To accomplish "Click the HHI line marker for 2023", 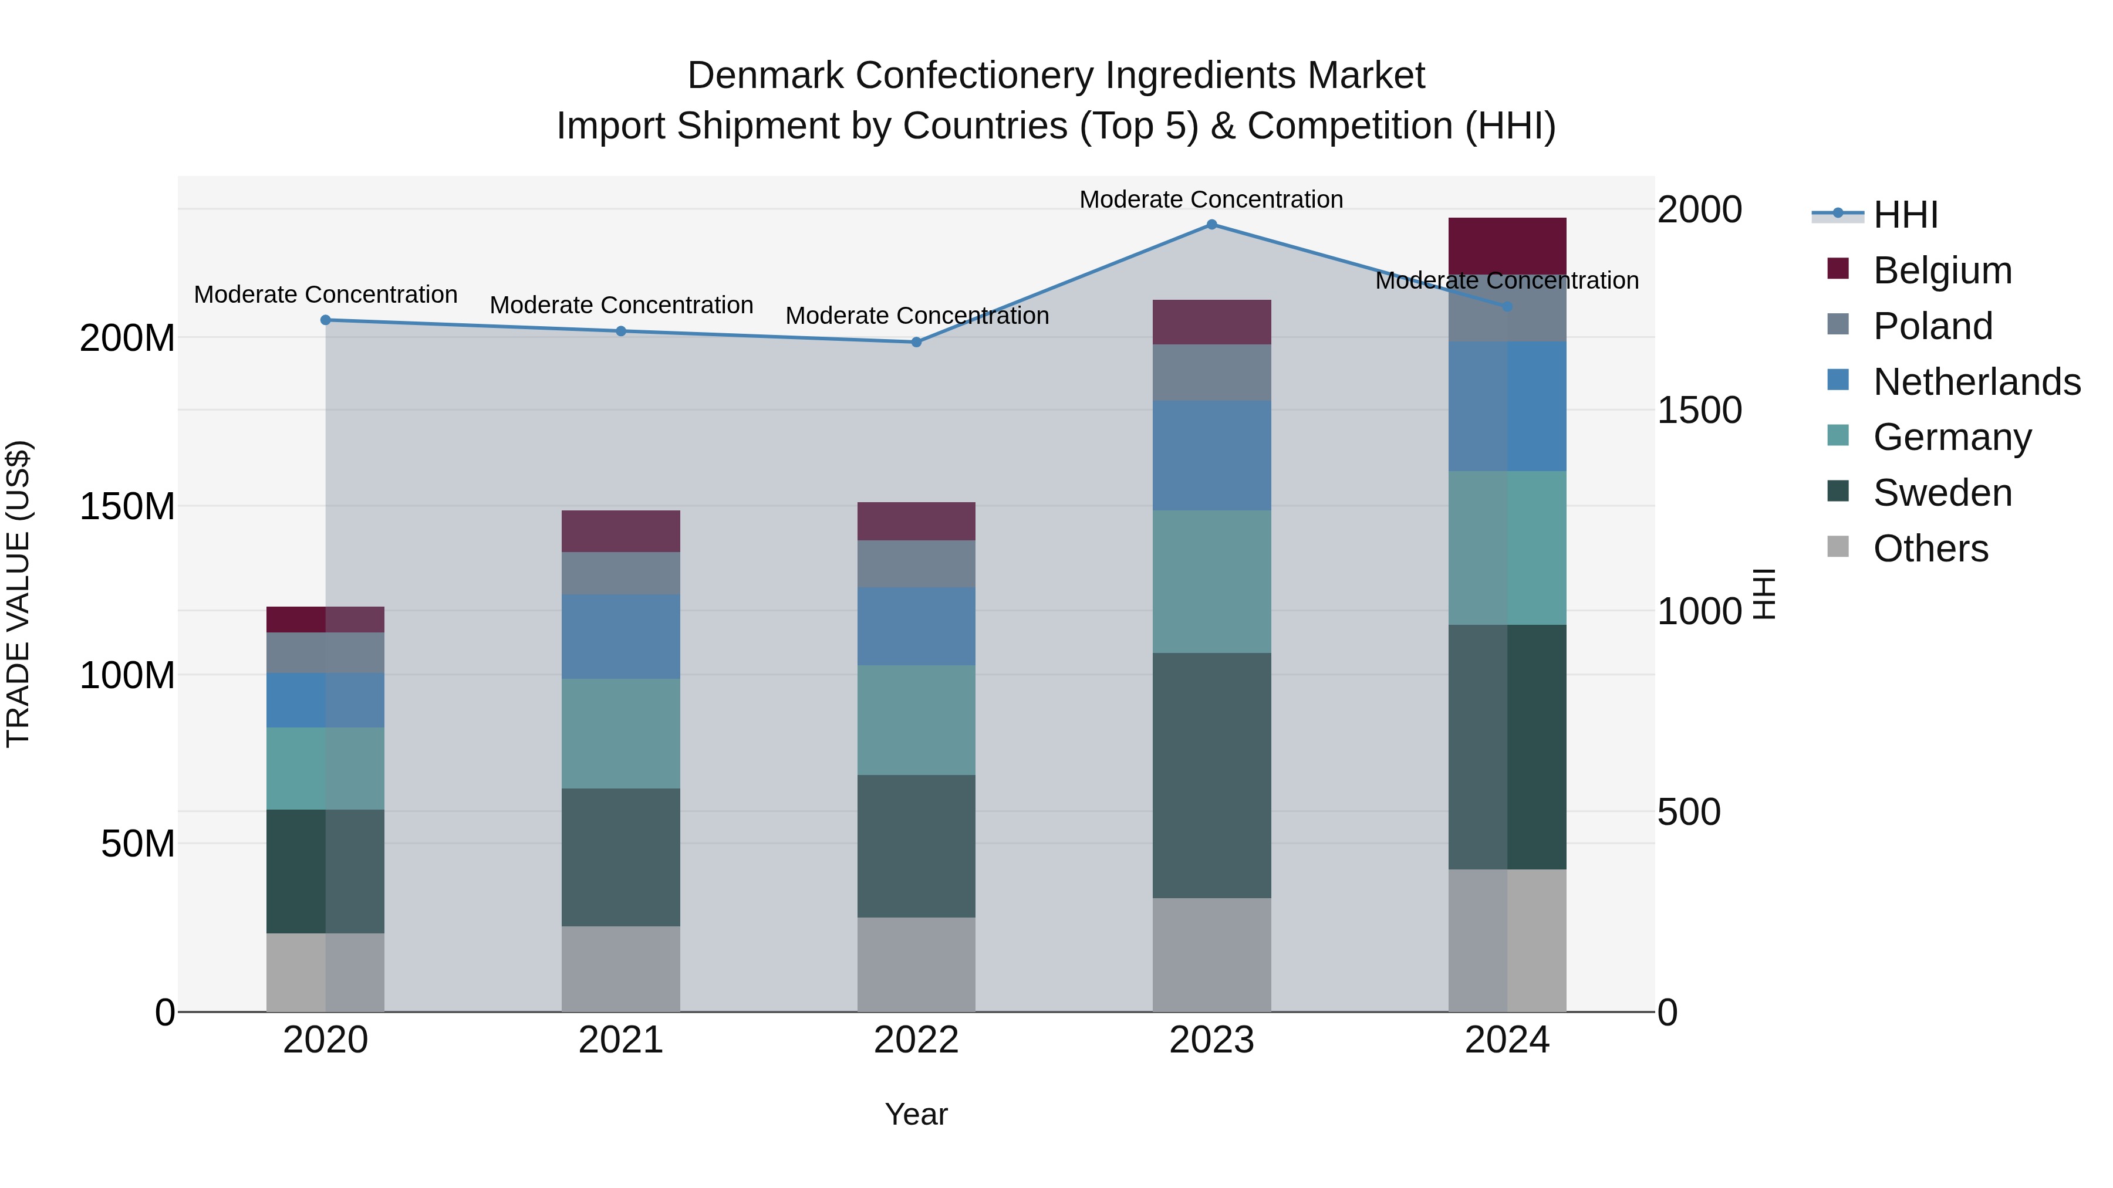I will tap(1211, 225).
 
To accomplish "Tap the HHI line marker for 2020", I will tap(326, 320).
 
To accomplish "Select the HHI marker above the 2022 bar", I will tap(916, 342).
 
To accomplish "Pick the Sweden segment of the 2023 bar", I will tap(1211, 775).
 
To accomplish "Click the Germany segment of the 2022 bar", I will tap(916, 720).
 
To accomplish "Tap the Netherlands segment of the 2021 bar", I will tap(621, 636).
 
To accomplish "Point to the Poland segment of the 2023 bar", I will tap(1211, 372).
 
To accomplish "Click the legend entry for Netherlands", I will tap(1976, 382).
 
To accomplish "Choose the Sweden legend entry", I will tap(1942, 493).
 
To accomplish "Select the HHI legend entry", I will tap(1905, 215).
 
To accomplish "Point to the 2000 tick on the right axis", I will tap(1699, 210).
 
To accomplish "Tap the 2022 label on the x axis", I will tap(916, 1040).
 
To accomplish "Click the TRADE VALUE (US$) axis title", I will tap(18, 594).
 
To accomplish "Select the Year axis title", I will tap(916, 1114).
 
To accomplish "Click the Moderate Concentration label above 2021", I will tap(621, 305).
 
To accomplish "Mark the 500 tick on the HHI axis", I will tap(1688, 813).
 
